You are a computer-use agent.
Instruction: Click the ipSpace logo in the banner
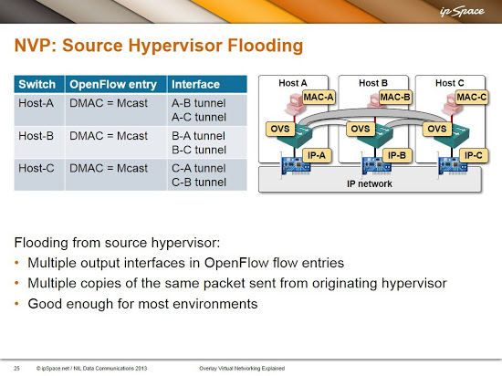pos(462,12)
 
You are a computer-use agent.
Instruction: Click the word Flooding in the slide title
pos(265,45)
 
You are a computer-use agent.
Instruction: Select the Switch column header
pos(37,84)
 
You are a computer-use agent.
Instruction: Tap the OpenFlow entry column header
pos(113,84)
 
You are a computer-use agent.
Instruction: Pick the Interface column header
pos(195,84)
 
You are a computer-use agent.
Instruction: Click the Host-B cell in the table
pos(37,136)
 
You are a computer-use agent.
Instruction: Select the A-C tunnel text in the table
pos(199,117)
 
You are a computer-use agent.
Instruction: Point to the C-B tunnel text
pos(199,183)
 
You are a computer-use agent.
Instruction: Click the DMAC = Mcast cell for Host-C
pos(109,168)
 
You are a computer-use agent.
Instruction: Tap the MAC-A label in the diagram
pos(319,97)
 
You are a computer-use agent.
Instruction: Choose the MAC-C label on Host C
pos(472,97)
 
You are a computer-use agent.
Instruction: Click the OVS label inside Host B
pos(361,129)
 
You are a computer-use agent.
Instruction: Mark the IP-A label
pos(317,155)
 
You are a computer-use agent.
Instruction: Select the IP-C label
pos(473,155)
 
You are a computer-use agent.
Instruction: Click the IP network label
pos(370,183)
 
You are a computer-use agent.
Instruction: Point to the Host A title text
pos(293,83)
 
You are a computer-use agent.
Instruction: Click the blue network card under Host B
pos(376,165)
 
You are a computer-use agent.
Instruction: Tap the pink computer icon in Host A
pos(295,104)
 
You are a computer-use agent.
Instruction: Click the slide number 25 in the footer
pos(16,369)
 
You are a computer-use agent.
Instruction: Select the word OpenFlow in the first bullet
pos(236,263)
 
